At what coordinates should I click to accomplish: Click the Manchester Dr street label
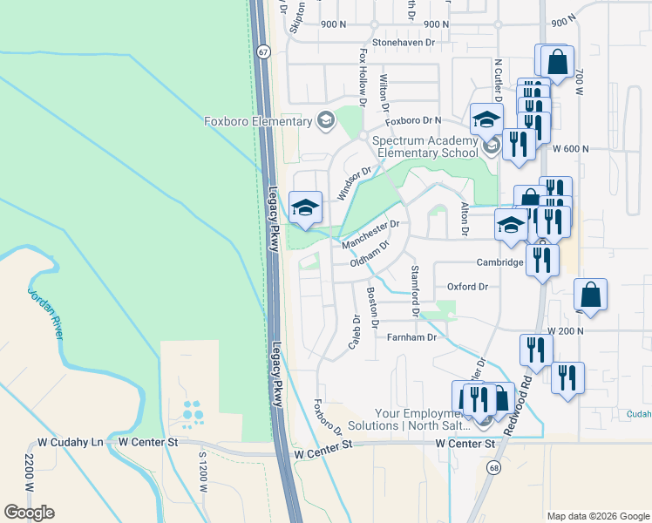[370, 229]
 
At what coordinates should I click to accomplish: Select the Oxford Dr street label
[467, 286]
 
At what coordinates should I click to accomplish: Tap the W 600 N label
[571, 149]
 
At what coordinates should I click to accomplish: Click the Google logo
[29, 512]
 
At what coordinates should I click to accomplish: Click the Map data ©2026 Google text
[597, 515]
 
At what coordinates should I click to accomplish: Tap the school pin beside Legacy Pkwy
[304, 208]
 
